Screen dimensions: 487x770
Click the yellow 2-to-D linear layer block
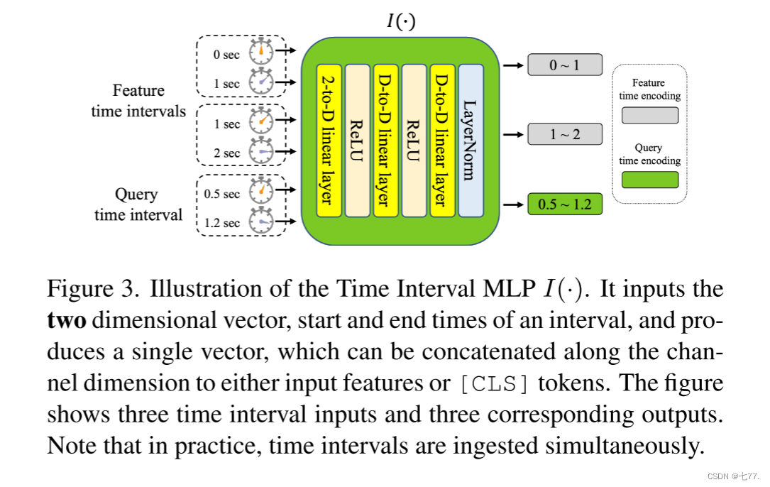tap(329, 141)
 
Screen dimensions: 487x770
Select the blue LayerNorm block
tap(471, 141)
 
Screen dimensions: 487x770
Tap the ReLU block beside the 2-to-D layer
tap(357, 141)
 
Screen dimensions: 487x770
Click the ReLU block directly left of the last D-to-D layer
tap(414, 141)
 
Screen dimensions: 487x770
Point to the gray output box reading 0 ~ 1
tap(564, 65)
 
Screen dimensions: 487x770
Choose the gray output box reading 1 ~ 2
tap(564, 133)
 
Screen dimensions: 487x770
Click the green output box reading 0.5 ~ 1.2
tap(564, 205)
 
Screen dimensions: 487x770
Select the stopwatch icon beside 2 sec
tap(261, 152)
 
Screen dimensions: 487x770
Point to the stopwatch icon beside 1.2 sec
tap(261, 222)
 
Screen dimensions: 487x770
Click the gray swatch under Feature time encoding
tap(649, 115)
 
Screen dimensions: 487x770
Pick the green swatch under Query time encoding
tap(649, 180)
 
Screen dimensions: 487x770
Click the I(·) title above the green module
tap(401, 21)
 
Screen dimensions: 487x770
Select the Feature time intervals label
tap(138, 101)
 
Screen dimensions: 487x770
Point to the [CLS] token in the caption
tap(494, 384)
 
